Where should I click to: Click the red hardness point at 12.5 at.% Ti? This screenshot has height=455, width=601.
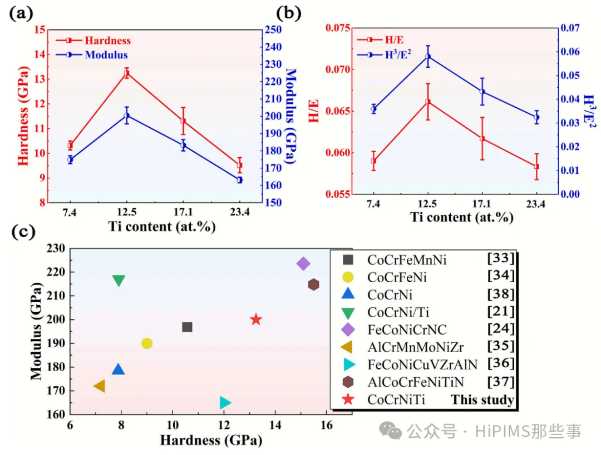[127, 73]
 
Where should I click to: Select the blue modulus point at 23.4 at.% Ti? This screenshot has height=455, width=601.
[239, 179]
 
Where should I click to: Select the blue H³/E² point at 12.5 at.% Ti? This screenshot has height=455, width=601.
[428, 57]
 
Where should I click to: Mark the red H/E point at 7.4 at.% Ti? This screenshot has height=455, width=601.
[373, 161]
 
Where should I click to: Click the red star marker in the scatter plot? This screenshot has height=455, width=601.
[256, 319]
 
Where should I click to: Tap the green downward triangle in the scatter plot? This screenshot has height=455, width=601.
[119, 281]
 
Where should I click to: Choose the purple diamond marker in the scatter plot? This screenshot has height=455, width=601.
[303, 263]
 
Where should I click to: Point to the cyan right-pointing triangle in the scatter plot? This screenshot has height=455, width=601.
[225, 403]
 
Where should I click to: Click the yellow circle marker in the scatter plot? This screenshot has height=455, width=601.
[147, 343]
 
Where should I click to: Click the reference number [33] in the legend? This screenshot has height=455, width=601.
[501, 258]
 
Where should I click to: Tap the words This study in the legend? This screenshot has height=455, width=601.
[482, 399]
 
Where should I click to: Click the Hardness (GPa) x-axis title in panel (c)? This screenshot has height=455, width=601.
[211, 441]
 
